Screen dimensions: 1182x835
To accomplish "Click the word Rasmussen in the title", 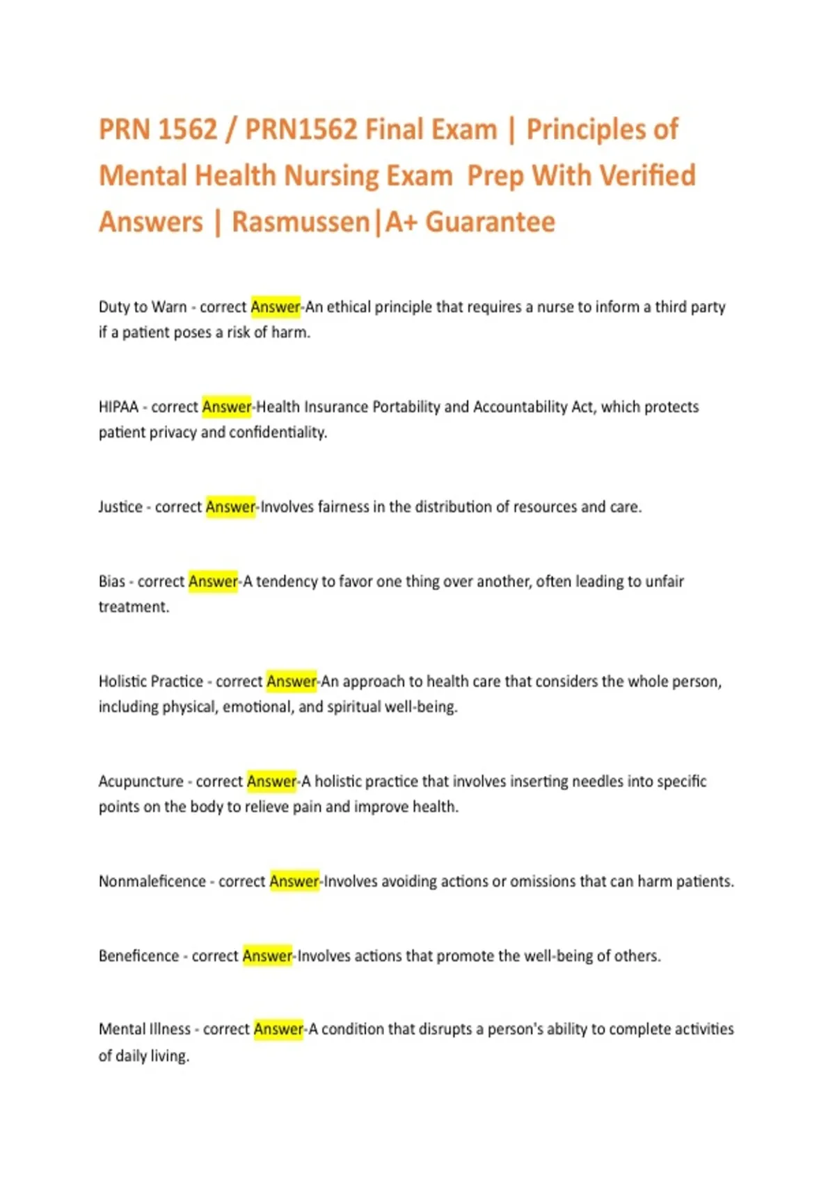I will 301,222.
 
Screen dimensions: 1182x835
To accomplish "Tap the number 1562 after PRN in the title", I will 187,130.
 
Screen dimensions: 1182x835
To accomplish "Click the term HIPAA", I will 118,407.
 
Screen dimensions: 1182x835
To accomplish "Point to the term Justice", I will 120,507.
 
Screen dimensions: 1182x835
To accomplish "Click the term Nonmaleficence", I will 152,882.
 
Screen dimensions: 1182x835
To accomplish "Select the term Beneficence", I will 138,956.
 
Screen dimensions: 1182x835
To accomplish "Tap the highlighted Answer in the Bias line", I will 213,581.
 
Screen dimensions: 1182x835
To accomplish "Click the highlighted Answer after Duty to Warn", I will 276,307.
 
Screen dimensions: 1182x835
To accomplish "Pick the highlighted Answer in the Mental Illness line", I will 278,1029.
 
